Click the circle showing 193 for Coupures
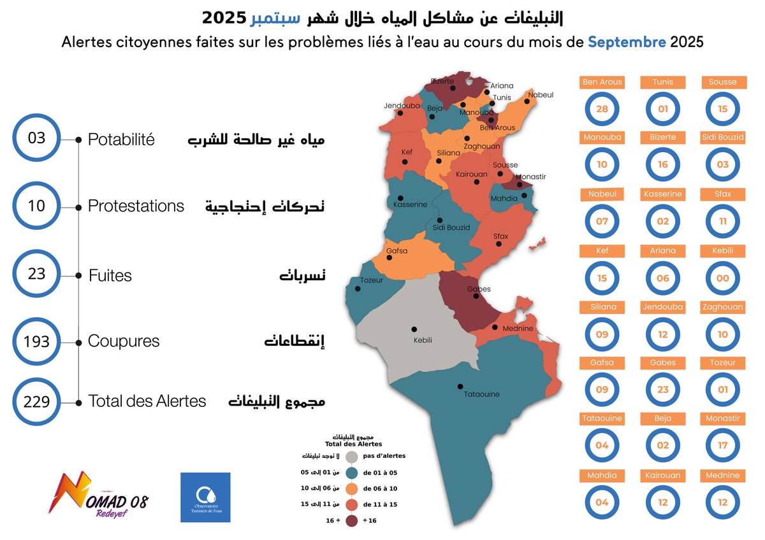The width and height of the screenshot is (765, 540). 37,342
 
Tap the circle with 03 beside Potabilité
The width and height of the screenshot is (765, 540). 37,138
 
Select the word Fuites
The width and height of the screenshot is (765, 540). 110,276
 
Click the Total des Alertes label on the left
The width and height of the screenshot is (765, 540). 147,401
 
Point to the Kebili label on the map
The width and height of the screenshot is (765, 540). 423,341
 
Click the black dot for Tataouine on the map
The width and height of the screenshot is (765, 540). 460,386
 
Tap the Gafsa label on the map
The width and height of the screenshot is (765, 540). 397,251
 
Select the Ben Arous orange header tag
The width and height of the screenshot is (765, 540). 602,82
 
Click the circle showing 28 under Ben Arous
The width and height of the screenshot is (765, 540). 602,109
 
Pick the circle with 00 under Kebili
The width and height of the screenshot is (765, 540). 722,278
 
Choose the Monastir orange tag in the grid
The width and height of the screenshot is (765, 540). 722,418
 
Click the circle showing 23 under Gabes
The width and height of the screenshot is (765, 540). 663,390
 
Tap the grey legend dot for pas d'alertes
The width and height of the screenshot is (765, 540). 351,457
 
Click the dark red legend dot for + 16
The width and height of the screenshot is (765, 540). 351,521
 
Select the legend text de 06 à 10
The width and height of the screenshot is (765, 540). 381,488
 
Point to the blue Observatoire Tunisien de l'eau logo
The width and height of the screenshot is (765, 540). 205,497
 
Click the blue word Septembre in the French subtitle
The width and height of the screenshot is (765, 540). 627,43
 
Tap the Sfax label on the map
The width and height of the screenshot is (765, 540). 501,236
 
